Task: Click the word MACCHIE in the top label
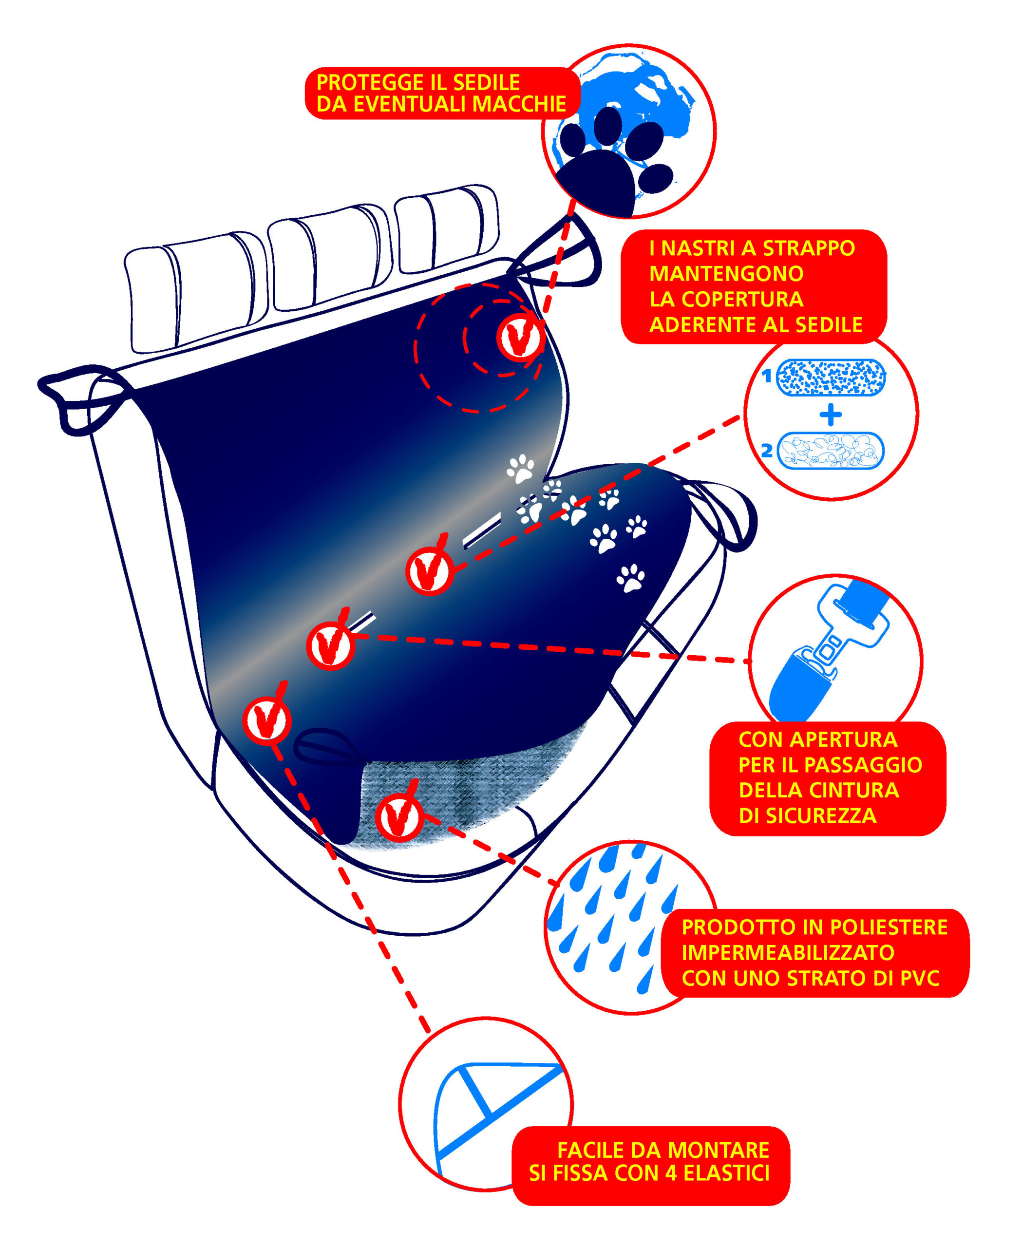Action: [519, 104]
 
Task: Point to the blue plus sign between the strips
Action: [831, 415]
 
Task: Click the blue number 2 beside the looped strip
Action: [767, 451]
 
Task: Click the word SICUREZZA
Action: [807, 815]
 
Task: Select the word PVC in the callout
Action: [920, 978]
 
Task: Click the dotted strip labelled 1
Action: [831, 377]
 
